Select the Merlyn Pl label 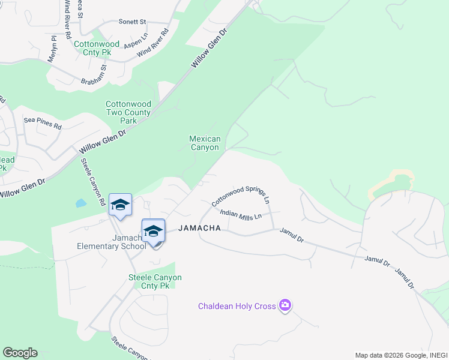[x=53, y=47]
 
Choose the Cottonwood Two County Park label [x=129, y=112]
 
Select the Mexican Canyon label [x=205, y=143]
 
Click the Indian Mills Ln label [x=241, y=214]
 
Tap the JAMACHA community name [x=200, y=228]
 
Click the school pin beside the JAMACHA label [x=153, y=231]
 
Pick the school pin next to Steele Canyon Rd [x=120, y=205]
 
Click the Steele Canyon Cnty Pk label [x=155, y=281]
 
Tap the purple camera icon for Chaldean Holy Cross [x=285, y=306]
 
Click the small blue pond [x=81, y=203]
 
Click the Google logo [x=20, y=353]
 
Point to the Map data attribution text [x=400, y=355]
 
